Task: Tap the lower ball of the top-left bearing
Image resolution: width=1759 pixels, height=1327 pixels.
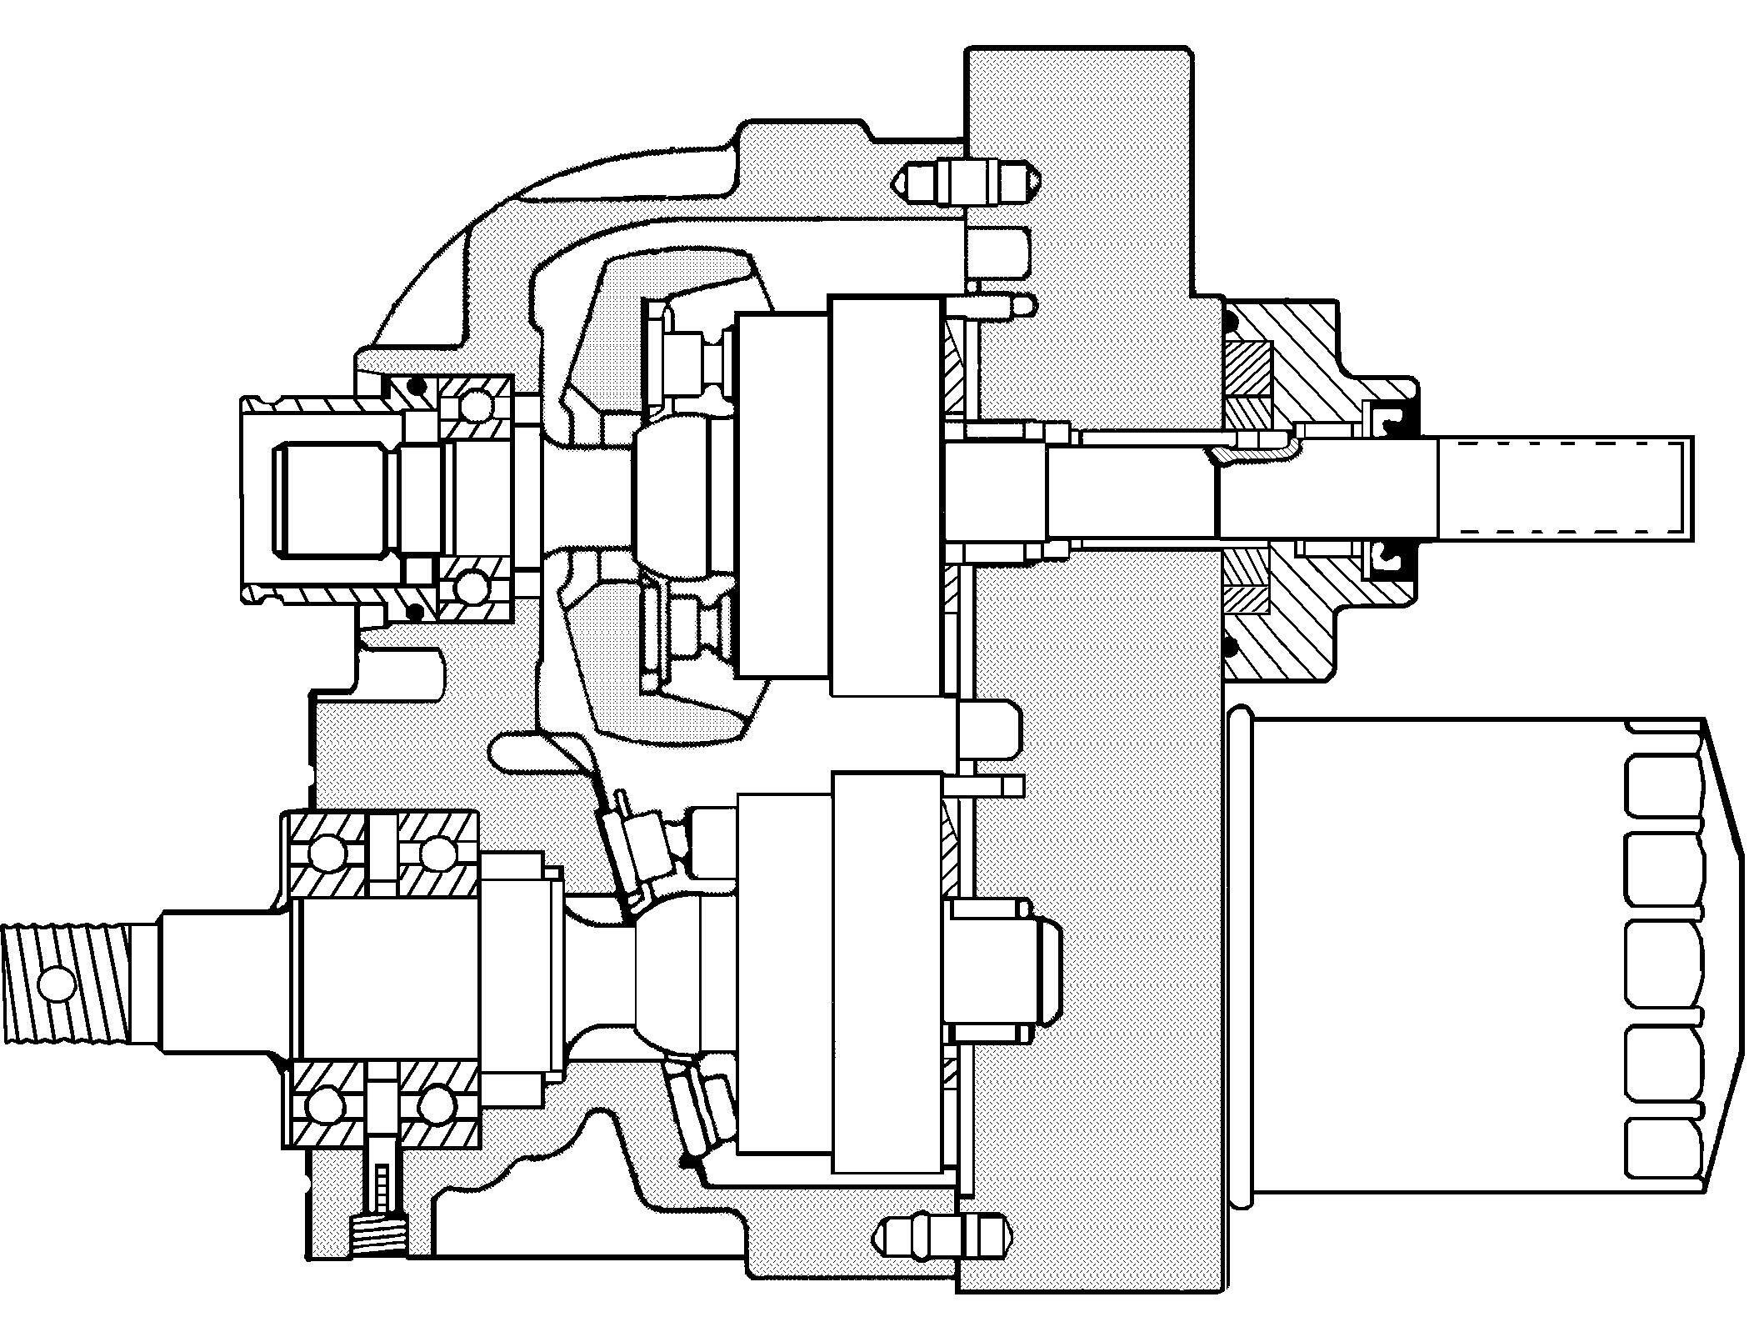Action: click(472, 587)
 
